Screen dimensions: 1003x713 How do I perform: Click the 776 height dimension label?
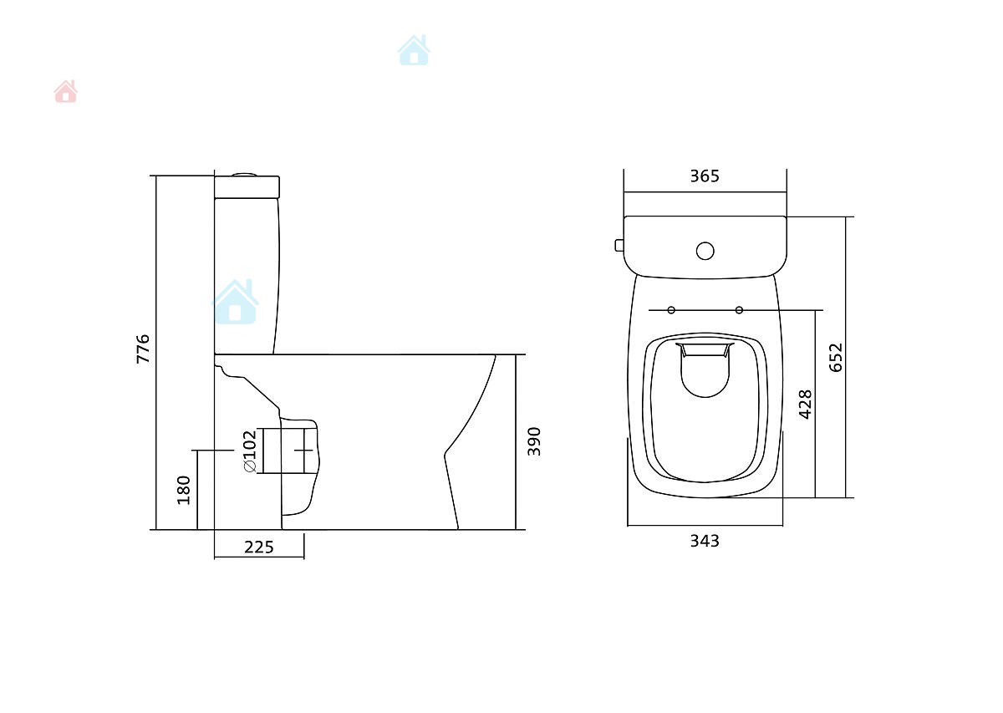[143, 349]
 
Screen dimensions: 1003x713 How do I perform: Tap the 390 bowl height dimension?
[534, 441]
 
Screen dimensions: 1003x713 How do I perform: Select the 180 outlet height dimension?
[184, 490]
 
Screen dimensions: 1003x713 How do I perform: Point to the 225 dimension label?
[259, 547]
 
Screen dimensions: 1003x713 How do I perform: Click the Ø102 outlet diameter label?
[250, 451]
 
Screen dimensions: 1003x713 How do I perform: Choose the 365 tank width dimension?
[705, 176]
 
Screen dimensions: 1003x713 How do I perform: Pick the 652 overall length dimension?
[836, 358]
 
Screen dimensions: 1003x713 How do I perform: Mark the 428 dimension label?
[805, 405]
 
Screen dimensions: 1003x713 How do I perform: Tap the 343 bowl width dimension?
[705, 541]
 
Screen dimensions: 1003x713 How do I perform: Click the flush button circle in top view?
[705, 252]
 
